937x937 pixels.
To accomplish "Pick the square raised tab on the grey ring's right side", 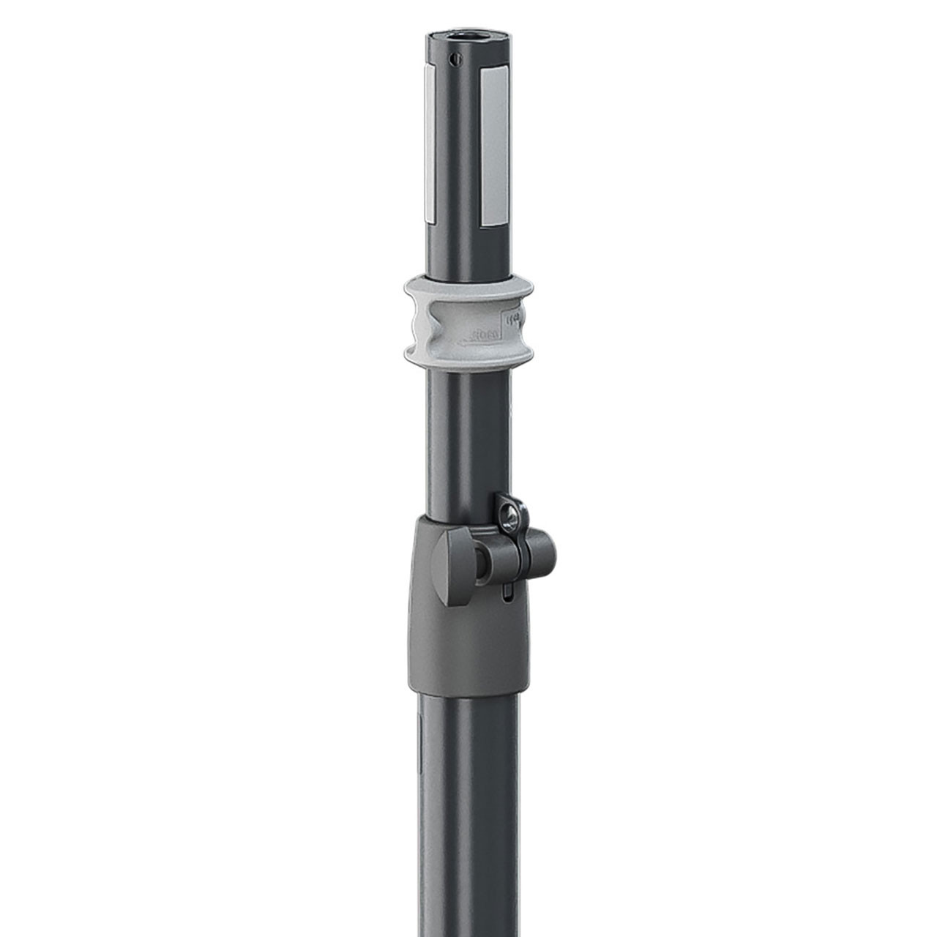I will click(512, 319).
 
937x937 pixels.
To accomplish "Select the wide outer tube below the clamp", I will click(467, 805).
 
